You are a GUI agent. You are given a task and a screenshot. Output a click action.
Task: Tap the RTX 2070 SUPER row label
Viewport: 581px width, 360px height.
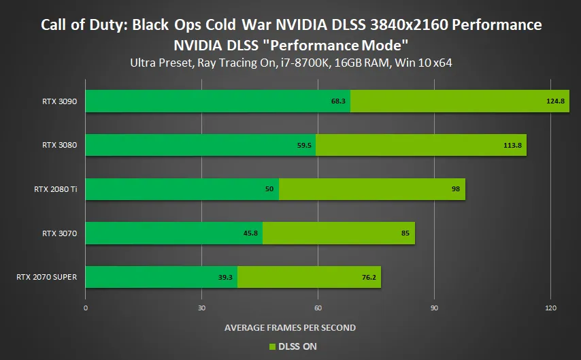coord(46,277)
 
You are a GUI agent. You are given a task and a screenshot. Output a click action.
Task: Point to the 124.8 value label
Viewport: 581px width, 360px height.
coord(555,101)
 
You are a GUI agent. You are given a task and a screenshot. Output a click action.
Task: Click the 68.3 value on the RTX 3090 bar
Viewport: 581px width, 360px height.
coord(339,101)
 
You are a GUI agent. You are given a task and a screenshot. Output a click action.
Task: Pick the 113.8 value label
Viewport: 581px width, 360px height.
coord(513,145)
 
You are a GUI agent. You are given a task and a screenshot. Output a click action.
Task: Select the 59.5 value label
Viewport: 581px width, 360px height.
coord(304,145)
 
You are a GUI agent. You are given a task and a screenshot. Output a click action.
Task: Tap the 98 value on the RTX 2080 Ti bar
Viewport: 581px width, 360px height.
coord(456,189)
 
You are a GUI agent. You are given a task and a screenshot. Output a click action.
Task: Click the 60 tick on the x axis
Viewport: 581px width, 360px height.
coord(318,308)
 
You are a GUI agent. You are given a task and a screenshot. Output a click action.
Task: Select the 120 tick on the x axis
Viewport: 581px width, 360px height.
coord(550,308)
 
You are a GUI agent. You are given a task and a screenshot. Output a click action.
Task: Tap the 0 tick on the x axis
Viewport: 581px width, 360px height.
coord(85,308)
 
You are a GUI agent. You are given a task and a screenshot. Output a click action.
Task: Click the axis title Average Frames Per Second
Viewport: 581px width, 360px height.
coord(290,327)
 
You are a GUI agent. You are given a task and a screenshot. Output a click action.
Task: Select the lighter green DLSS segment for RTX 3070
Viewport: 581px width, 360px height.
coord(338,233)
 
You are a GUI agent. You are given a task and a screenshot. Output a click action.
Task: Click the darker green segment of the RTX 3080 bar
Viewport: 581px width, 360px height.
coord(200,145)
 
